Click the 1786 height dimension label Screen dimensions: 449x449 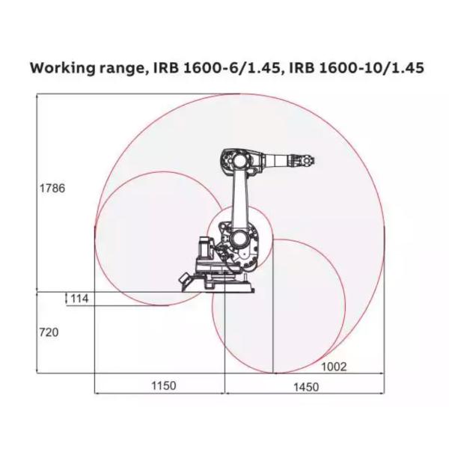click(x=52, y=189)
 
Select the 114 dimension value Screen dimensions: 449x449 click(x=79, y=299)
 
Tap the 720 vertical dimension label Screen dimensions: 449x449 click(x=49, y=332)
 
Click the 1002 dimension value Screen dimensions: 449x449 click(x=334, y=366)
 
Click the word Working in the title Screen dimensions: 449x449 click(x=64, y=68)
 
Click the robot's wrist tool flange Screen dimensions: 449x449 click(x=308, y=159)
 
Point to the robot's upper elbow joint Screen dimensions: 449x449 click(x=233, y=159)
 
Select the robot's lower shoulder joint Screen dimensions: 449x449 click(x=239, y=239)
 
